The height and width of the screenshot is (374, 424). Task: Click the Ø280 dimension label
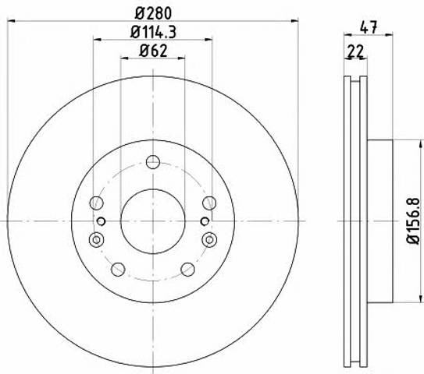point(153,13)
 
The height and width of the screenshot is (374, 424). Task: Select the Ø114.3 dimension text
point(153,32)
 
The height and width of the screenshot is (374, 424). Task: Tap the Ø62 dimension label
point(153,51)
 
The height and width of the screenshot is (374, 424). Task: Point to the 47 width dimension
point(368,27)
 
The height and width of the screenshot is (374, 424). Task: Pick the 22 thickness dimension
point(355,51)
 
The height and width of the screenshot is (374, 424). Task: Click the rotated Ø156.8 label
point(413,221)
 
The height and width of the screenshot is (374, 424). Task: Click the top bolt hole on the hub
point(153,162)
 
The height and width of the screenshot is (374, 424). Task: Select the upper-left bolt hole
point(96,203)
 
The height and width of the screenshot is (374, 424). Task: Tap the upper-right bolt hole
point(209,203)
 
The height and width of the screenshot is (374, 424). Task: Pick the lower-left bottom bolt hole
point(118,270)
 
